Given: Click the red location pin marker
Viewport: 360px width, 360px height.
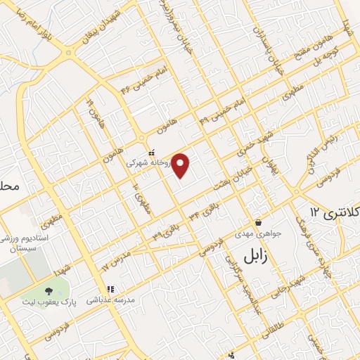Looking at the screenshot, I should click(181, 165).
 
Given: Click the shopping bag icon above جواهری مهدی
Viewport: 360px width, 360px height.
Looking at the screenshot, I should click(259, 222).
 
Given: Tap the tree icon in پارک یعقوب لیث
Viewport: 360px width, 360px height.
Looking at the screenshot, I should click(49, 291).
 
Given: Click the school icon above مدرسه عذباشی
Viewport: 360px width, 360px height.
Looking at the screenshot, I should click(110, 289).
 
